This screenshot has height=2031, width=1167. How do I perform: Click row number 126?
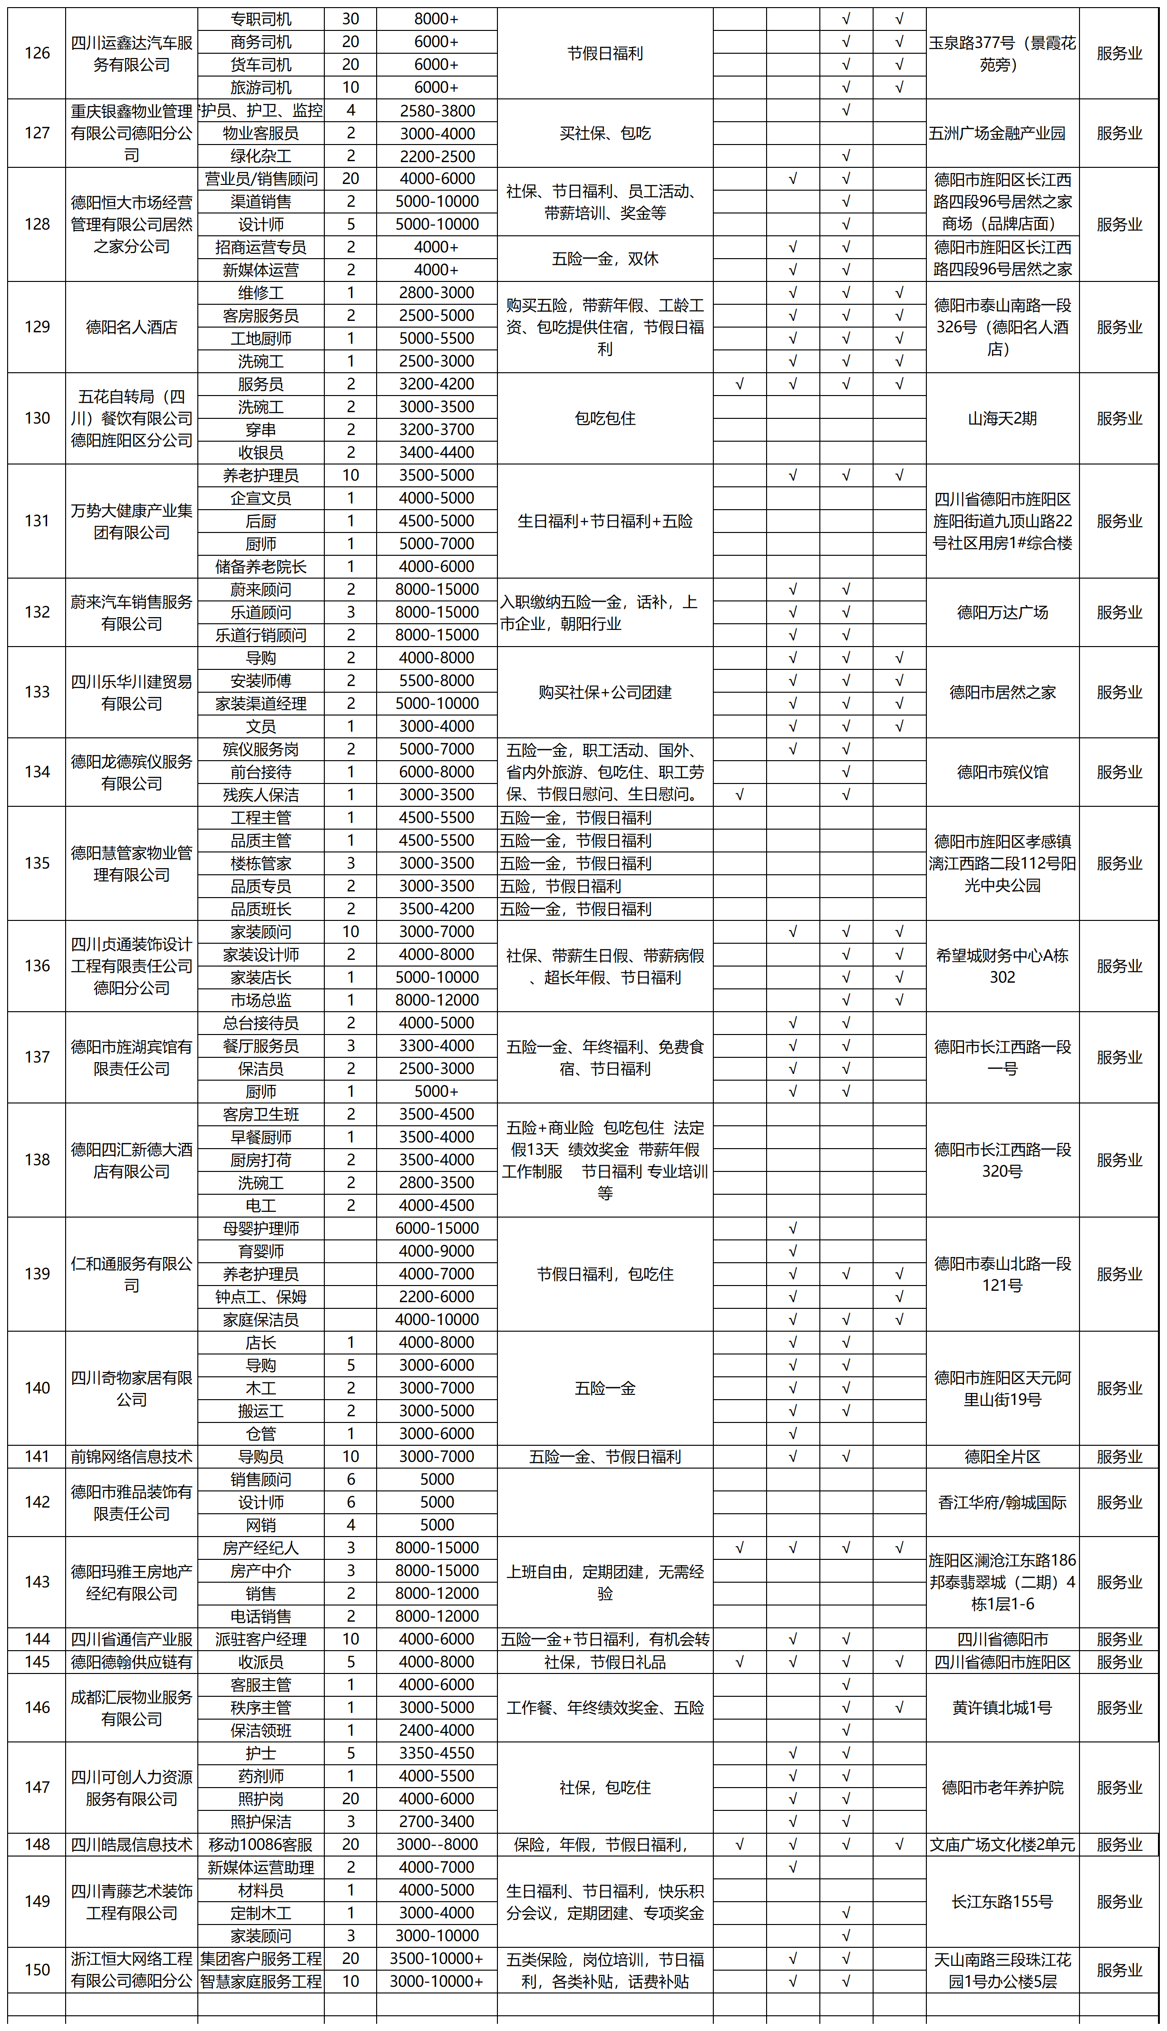(x=37, y=53)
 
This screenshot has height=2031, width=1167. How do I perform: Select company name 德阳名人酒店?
(x=131, y=327)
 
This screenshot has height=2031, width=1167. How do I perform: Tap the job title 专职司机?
(x=261, y=19)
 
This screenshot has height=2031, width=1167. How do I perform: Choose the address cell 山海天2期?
(x=1002, y=418)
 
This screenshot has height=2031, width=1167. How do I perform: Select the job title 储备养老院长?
(x=261, y=566)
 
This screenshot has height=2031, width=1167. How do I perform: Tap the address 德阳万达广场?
(x=1002, y=612)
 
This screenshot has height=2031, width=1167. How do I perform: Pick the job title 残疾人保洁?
(x=261, y=795)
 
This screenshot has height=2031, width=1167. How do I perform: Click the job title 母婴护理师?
(x=261, y=1228)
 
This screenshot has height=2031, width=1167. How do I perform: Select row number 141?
(x=37, y=1457)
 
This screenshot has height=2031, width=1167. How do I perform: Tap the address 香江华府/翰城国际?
(x=1002, y=1502)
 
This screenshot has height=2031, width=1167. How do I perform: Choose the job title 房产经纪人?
(x=261, y=1548)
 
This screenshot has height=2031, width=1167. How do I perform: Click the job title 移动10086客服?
(x=261, y=1844)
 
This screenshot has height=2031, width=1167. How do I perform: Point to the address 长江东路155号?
(x=1002, y=1901)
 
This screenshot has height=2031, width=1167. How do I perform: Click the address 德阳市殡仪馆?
(x=1002, y=773)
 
